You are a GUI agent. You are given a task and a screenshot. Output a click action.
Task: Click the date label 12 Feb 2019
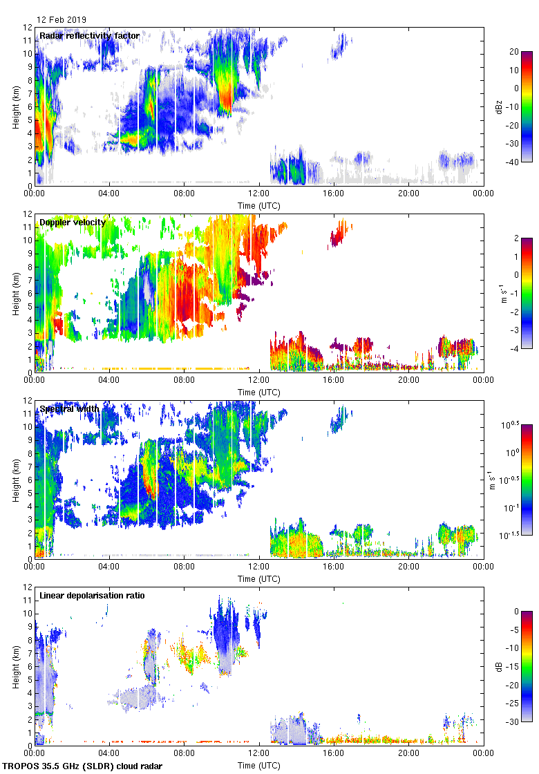(x=62, y=20)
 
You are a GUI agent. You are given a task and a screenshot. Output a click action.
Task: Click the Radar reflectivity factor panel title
(x=90, y=36)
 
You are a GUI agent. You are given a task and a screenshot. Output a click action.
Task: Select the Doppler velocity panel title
(x=73, y=223)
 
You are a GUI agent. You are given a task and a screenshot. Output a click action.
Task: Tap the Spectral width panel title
(x=70, y=409)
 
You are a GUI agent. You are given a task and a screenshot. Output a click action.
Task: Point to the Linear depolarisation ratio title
(x=93, y=596)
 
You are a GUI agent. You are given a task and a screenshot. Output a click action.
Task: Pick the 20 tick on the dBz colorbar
(x=513, y=52)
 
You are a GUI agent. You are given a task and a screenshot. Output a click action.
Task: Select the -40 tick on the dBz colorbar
(x=513, y=162)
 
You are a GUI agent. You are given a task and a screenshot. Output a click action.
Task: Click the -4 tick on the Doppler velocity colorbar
(x=512, y=349)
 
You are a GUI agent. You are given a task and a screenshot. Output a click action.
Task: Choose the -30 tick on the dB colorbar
(x=513, y=722)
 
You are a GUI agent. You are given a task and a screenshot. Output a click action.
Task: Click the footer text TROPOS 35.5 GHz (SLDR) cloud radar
(x=83, y=766)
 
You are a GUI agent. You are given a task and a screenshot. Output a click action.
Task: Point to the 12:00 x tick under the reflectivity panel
(x=259, y=193)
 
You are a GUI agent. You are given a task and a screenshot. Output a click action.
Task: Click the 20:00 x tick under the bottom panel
(x=408, y=753)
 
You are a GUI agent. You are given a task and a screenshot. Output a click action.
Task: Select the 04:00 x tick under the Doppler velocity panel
(x=109, y=379)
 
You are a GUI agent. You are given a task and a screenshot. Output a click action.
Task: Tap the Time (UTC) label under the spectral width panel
(x=258, y=578)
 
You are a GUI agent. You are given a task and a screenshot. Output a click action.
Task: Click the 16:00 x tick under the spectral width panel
(x=334, y=566)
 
